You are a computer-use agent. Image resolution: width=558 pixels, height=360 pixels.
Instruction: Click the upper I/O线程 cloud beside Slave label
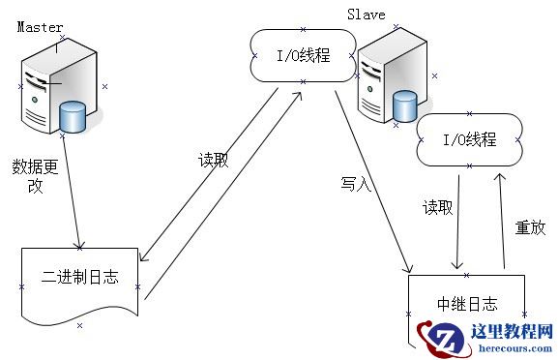tap(303, 55)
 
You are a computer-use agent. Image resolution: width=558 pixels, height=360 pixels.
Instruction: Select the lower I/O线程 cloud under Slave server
tap(469, 140)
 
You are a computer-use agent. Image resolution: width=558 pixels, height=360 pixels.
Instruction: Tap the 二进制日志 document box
tap(80, 280)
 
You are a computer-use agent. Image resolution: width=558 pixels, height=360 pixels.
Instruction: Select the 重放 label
tap(530, 228)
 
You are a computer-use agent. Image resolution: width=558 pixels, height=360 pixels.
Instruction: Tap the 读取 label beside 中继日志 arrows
tap(437, 207)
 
